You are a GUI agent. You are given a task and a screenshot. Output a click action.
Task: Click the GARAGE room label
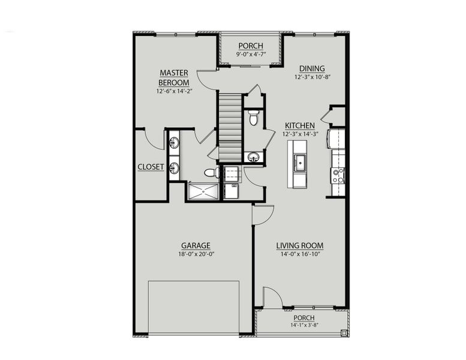[x=196, y=245]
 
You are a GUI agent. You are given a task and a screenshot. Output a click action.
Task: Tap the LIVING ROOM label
[x=300, y=245]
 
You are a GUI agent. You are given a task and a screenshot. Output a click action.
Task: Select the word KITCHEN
[x=300, y=125]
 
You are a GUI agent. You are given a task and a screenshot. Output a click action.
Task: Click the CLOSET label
[x=151, y=167]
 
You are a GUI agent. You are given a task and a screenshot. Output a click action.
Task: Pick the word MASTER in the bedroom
[x=174, y=73]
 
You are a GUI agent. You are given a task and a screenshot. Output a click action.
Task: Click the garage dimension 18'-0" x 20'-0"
[x=196, y=254]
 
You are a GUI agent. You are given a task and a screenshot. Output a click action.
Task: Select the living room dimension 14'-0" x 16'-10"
[x=300, y=254]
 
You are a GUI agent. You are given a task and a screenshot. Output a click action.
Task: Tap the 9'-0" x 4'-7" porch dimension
[x=251, y=53]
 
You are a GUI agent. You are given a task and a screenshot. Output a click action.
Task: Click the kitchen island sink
[x=298, y=161]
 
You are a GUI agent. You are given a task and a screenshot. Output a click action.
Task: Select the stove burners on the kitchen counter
[x=338, y=175]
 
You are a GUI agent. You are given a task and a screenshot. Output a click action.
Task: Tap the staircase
[x=229, y=124]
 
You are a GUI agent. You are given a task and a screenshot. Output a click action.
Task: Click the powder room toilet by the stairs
[x=253, y=117]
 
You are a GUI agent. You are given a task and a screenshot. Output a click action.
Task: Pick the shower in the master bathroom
[x=204, y=191]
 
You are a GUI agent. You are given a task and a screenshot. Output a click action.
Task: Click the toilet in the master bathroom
[x=211, y=173]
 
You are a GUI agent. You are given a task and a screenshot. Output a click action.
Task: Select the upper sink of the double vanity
[x=174, y=143]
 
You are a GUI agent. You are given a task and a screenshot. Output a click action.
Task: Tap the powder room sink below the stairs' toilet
[x=253, y=157]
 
